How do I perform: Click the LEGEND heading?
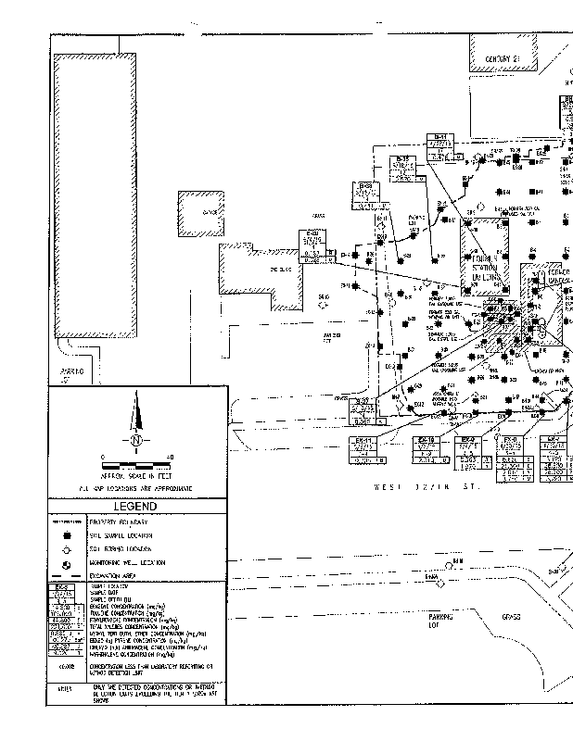pos(135,507)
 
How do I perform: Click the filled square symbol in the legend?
pos(67,535)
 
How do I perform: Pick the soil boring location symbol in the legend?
pos(67,548)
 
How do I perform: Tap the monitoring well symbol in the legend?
pos(67,562)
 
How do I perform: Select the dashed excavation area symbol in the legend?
pos(67,575)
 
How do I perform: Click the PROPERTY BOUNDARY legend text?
pos(120,522)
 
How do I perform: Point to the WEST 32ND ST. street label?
pos(427,485)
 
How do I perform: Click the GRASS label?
pos(511,617)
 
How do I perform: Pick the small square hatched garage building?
pos(200,214)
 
